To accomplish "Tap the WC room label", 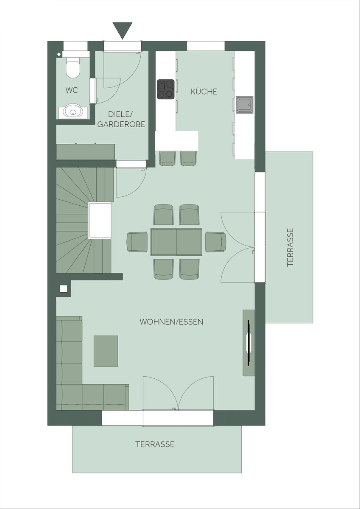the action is point(72,90).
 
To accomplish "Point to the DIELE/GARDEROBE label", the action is point(121,119).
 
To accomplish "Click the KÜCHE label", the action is point(204,92).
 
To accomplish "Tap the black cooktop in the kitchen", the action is point(166,89).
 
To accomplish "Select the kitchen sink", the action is point(245,104).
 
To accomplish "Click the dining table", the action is point(176,242).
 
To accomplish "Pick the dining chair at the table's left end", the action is point(137,242).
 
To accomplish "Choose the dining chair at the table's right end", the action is point(216,242).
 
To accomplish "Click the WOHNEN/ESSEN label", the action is point(171,322).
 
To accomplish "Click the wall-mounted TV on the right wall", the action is point(249,343).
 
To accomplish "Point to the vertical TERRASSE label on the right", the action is point(290,247).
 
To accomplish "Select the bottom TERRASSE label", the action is point(155,444).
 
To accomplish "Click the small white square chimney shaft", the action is point(64,288).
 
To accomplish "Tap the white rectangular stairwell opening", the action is point(100,221).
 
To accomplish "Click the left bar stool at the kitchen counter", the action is point(167,158).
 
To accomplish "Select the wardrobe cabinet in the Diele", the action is point(86,152).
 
